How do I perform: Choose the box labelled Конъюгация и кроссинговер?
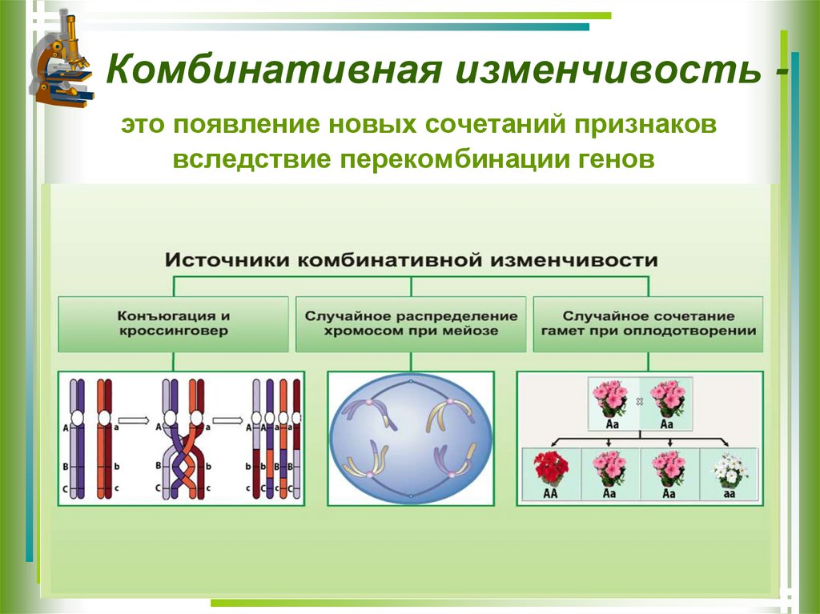pyautogui.click(x=173, y=323)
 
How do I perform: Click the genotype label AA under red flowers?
pyautogui.click(x=550, y=494)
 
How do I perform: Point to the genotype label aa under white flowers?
pyautogui.click(x=730, y=494)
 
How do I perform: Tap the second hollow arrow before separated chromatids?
pyautogui.click(x=227, y=418)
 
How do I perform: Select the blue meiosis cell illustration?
pyautogui.click(x=411, y=438)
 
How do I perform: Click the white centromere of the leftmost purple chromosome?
pyautogui.click(x=78, y=418)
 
